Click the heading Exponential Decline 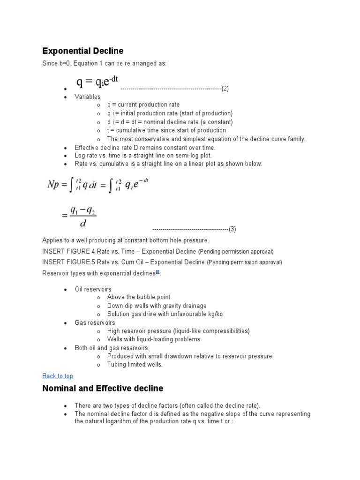(x=82, y=51)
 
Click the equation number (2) (x=225, y=89)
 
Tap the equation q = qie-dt (x=97, y=82)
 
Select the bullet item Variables (x=88, y=97)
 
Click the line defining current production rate (x=143, y=105)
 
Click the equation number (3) (x=232, y=229)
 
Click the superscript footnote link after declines (x=157, y=272)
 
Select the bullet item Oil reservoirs (x=93, y=289)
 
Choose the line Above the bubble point (x=138, y=297)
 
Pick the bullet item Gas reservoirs (x=95, y=322)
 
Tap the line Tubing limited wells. (x=135, y=365)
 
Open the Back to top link (x=58, y=376)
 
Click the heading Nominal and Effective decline (x=103, y=388)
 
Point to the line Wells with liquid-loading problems (x=153, y=339)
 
